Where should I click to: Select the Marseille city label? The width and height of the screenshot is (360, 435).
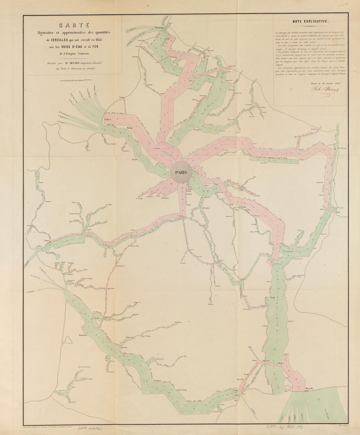tap(310, 388)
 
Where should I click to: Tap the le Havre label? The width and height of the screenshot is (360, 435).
tap(109, 120)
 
